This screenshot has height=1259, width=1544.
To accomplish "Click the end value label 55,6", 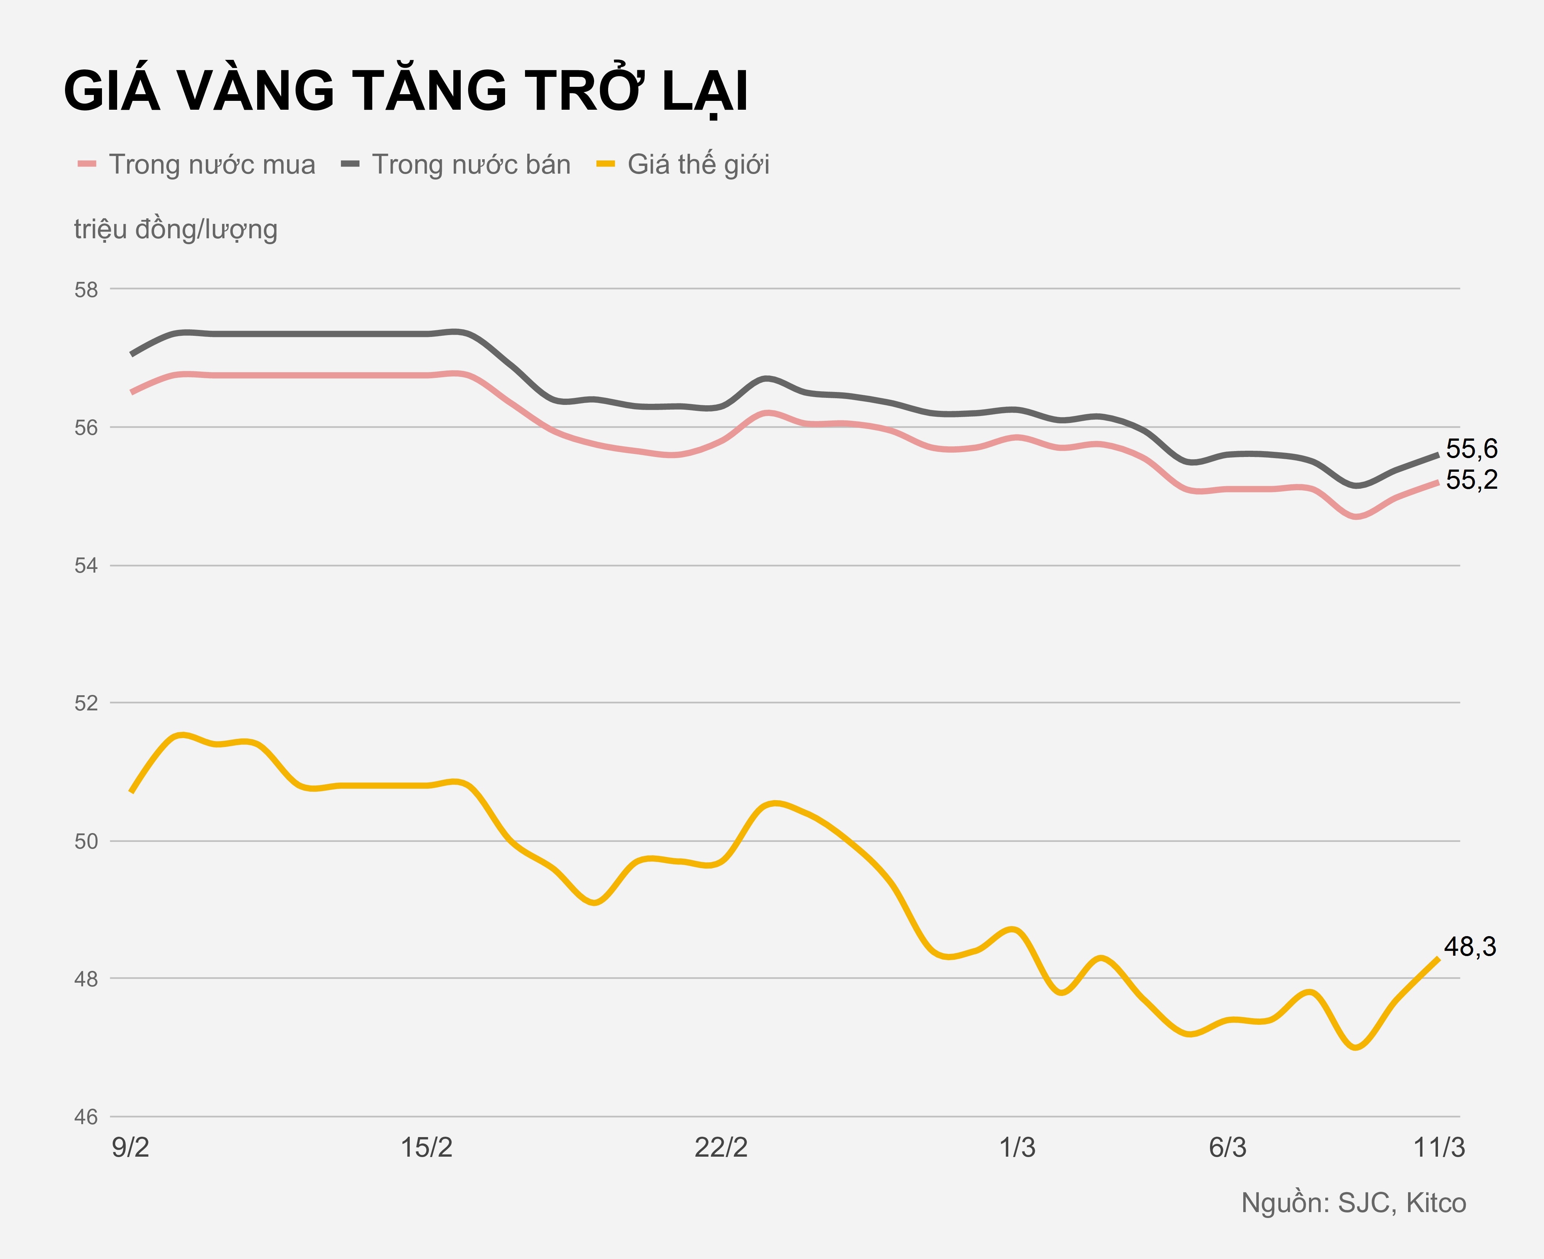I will pyautogui.click(x=1472, y=449).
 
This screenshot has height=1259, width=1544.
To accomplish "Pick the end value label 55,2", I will pyautogui.click(x=1472, y=480).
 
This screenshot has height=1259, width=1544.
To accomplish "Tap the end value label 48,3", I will pyautogui.click(x=1470, y=947).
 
